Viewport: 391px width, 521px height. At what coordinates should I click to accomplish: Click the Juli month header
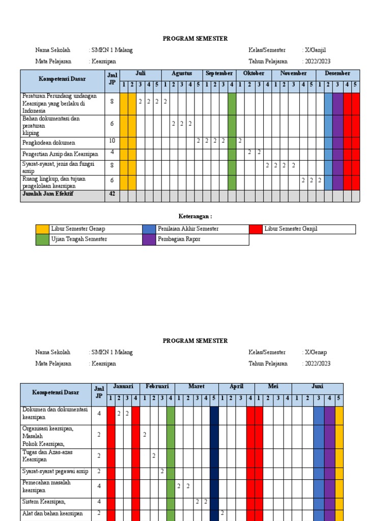(x=141, y=74)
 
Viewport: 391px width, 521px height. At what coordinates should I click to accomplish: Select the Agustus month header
(x=182, y=74)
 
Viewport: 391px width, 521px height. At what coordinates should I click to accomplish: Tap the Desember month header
(x=338, y=74)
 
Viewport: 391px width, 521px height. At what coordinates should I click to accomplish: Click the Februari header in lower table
(x=157, y=387)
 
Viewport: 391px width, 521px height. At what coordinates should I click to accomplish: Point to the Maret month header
(x=196, y=387)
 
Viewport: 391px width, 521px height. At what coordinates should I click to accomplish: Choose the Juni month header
(x=317, y=387)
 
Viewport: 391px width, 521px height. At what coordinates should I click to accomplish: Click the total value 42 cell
(x=112, y=194)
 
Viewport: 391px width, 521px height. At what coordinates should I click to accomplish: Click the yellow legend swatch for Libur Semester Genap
(x=42, y=229)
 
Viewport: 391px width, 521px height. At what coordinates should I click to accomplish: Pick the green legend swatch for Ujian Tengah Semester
(x=42, y=240)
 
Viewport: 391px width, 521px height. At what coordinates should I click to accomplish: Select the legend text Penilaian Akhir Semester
(x=188, y=229)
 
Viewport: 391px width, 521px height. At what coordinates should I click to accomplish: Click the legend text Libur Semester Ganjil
(x=291, y=229)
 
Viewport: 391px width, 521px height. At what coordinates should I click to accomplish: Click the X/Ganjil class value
(x=316, y=50)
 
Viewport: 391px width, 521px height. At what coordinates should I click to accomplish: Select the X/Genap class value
(x=316, y=353)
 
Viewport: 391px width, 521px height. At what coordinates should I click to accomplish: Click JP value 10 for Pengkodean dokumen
(x=112, y=140)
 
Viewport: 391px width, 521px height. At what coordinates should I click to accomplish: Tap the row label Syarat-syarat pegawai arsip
(x=55, y=472)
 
